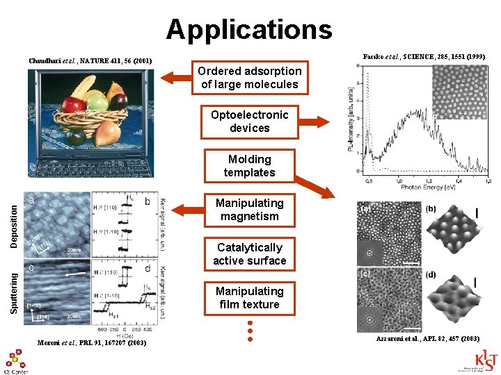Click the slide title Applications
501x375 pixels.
[x=249, y=30]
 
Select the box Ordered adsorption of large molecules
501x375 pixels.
[x=249, y=78]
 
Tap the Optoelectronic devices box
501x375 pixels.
[x=249, y=122]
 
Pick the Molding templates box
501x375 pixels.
[x=249, y=166]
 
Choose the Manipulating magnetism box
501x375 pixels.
[x=249, y=210]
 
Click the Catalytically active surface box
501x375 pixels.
[x=249, y=254]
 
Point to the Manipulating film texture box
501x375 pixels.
[x=249, y=298]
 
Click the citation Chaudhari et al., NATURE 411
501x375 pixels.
[x=90, y=61]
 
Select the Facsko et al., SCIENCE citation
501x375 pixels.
[x=424, y=56]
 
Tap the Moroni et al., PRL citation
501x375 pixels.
[x=92, y=343]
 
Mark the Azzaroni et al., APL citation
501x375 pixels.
[x=427, y=338]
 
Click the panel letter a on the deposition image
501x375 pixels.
[x=31, y=199]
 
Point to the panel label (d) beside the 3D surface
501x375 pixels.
[x=431, y=275]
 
